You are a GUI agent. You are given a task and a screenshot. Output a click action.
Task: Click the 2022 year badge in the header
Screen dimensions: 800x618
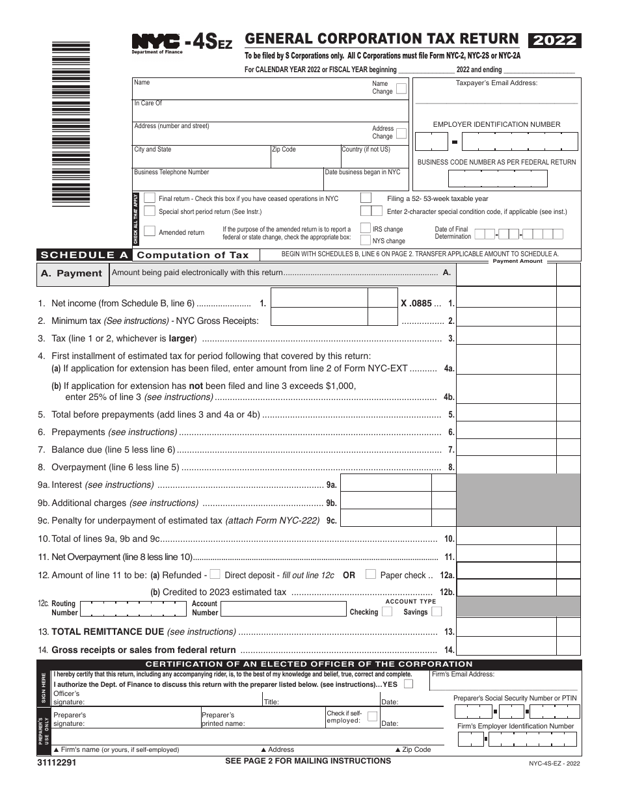pos(555,40)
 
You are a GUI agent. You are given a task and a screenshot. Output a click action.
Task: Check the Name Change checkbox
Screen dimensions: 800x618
pos(401,88)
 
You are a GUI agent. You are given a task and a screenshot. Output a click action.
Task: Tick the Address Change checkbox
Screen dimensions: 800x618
pos(401,133)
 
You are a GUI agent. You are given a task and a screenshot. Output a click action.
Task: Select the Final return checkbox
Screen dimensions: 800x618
pos(150,198)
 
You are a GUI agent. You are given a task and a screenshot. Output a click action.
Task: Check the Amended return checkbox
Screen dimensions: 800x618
pos(150,232)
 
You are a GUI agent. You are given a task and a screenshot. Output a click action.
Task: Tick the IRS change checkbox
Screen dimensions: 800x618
pos(366,228)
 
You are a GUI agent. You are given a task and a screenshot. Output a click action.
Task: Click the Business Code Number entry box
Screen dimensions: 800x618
pos(498,178)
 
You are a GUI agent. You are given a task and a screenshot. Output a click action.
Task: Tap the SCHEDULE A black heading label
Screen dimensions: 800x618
pos(84,255)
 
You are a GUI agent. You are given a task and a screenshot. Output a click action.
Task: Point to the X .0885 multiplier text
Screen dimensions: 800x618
pos(416,303)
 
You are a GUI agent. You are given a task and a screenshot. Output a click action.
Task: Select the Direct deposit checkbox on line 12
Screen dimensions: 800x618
pos(215,574)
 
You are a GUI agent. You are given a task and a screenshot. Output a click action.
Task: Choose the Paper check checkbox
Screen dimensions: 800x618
pos(370,574)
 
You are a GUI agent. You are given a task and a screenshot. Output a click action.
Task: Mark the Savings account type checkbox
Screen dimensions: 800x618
pos(437,611)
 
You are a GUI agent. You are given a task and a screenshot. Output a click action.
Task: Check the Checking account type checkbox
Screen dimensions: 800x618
pos(387,611)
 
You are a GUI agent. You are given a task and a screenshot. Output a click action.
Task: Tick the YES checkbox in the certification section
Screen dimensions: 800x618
pos(408,684)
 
